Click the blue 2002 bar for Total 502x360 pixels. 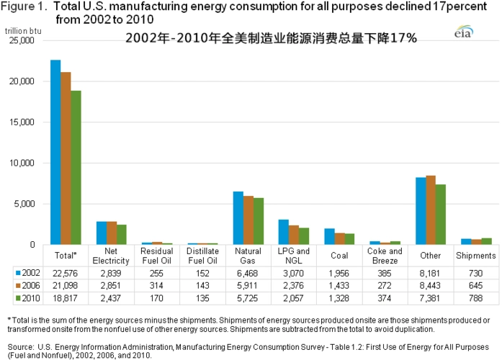click(x=55, y=152)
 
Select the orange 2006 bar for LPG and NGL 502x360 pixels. click(x=294, y=235)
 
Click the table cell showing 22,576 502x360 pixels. click(x=65, y=273)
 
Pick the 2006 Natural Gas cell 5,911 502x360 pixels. click(x=248, y=286)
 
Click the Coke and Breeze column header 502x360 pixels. click(x=385, y=256)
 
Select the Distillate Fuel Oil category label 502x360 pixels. click(x=202, y=256)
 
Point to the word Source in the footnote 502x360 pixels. click(x=19, y=346)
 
